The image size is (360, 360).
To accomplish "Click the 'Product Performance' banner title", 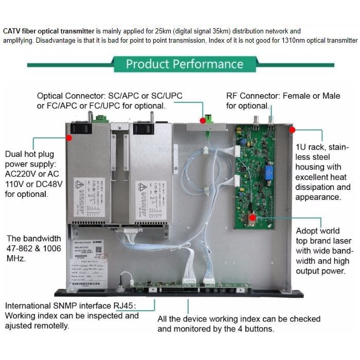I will coord(185,64).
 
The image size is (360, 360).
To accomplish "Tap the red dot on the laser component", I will coord(252,217).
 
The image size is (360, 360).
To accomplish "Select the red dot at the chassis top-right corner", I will coord(292,130).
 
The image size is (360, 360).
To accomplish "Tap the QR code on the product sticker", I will coord(99,251).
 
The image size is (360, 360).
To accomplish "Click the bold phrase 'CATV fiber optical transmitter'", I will coord(49,31).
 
